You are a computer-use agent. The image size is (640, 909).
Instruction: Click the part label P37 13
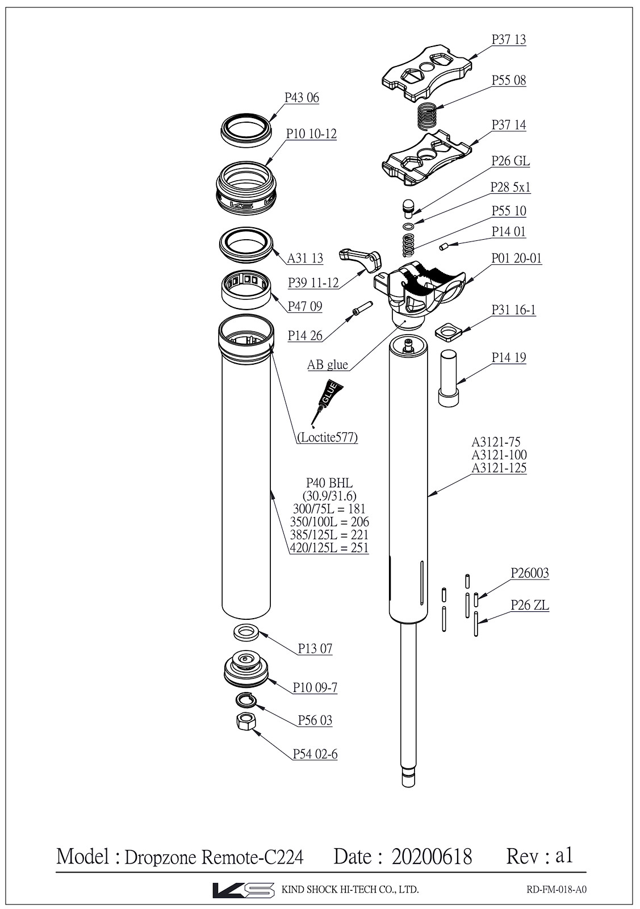pos(508,40)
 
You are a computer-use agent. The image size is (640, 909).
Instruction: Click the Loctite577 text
pos(328,437)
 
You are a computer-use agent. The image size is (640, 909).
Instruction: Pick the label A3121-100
pos(499,455)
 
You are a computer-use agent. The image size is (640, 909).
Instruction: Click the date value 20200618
pos(432,856)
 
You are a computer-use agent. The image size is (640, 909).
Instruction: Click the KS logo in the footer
pos(242,890)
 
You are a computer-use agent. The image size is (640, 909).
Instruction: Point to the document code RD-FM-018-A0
pos(552,890)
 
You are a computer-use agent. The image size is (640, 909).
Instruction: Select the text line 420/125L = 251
pos(329,548)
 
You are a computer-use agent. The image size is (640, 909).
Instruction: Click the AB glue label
pos(327,365)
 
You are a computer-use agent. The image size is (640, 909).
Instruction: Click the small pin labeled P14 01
pos(444,246)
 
